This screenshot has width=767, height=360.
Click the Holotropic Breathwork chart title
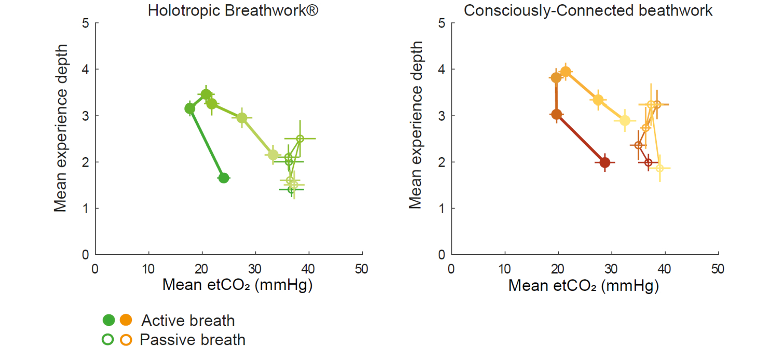tap(233, 10)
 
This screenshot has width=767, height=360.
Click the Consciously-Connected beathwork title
tap(588, 10)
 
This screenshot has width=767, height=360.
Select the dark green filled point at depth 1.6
tap(223, 178)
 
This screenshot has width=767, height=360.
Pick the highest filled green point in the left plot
tap(206, 95)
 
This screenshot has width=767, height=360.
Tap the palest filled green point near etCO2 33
tap(273, 155)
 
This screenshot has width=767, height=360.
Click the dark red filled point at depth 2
tap(605, 162)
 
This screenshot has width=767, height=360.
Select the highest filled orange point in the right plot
tap(566, 72)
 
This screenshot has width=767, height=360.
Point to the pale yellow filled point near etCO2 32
tap(624, 121)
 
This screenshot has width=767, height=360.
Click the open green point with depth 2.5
tap(300, 139)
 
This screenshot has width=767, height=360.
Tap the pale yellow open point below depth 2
tap(659, 168)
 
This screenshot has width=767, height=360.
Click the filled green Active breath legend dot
tap(109, 320)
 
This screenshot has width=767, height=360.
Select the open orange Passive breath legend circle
tap(126, 340)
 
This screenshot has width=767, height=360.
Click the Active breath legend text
tap(188, 320)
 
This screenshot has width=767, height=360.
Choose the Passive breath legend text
tap(193, 340)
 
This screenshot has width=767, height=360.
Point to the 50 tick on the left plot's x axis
tap(362, 269)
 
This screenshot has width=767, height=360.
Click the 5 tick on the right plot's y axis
tap(442, 23)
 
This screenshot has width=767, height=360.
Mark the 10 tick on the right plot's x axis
tap(505, 269)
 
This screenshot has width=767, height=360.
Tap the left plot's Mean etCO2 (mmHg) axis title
tap(237, 285)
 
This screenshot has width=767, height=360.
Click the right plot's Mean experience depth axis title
tap(416, 125)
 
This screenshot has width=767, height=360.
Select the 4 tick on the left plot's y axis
tap(85, 69)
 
